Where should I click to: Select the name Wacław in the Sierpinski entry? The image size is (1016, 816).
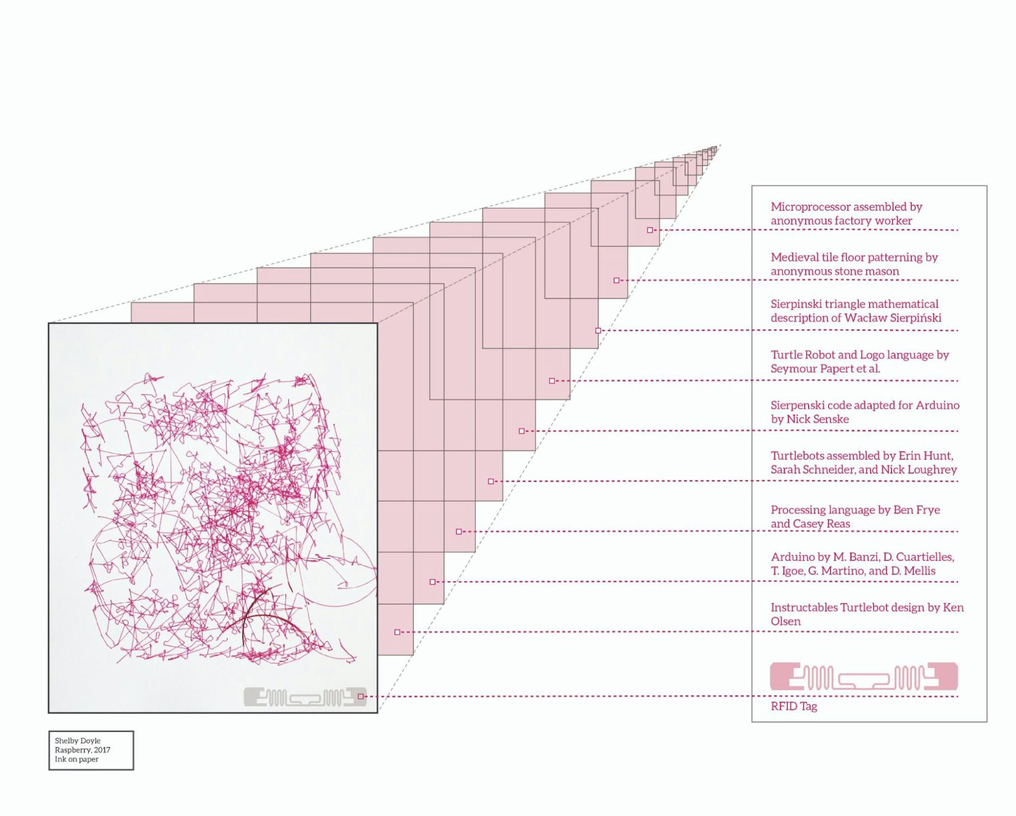point(865,318)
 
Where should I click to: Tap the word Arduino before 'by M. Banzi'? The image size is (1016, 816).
point(793,557)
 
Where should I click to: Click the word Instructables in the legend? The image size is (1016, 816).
point(804,607)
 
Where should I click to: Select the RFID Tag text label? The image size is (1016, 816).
point(794,707)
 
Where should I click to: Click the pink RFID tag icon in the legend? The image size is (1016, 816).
point(864,677)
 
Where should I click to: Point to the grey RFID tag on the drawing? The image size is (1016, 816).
point(305,697)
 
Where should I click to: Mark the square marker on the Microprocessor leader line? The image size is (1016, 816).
point(650,230)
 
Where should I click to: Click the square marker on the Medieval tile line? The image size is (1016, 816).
point(616,280)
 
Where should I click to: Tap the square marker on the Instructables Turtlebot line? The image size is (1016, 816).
point(397,633)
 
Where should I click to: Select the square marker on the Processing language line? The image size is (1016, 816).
point(459,532)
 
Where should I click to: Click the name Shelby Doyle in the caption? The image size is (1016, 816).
point(77,741)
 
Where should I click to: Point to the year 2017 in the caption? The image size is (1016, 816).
point(102,750)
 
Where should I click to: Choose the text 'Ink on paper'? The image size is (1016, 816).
point(76,760)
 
